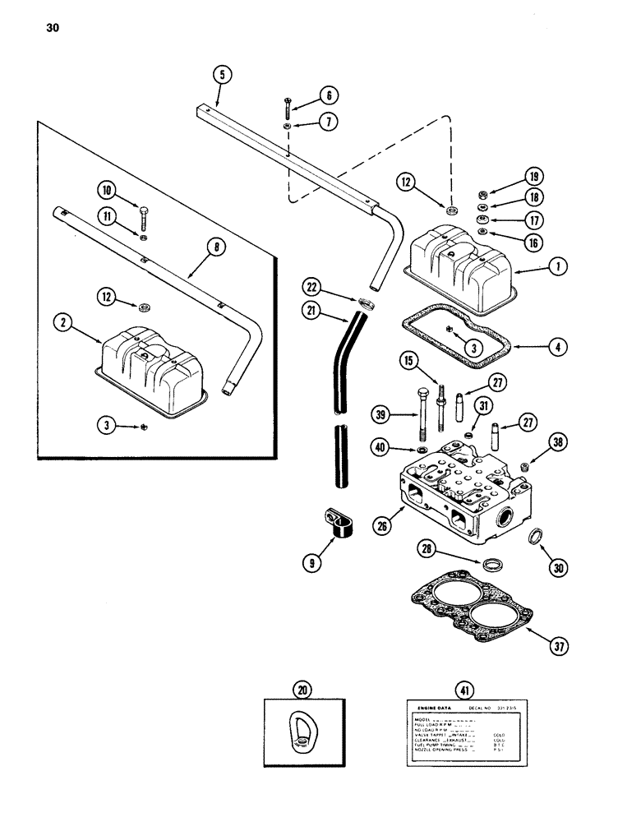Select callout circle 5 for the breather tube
pos(219,76)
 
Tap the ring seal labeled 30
pos(527,538)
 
